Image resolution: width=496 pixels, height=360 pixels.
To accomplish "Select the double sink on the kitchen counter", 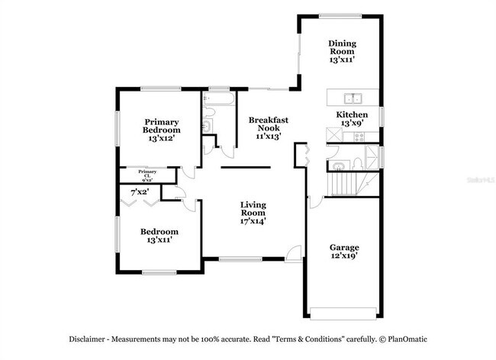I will tap(353, 98).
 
